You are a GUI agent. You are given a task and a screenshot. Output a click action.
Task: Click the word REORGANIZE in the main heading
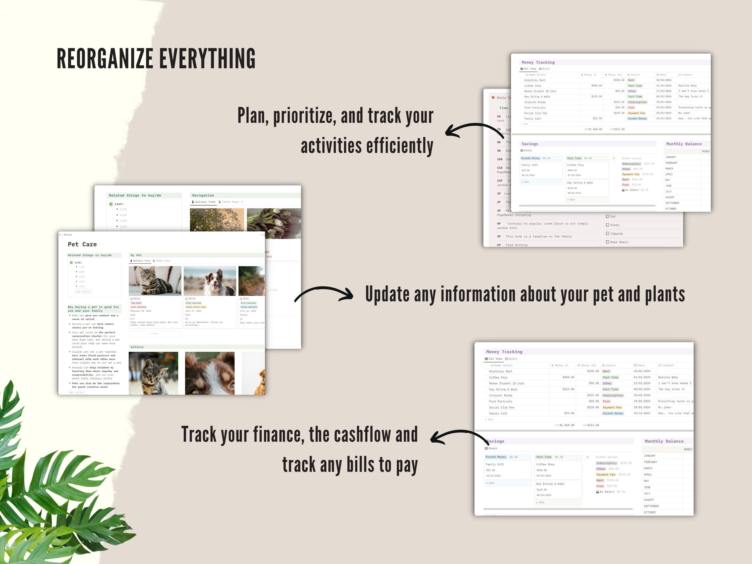105,58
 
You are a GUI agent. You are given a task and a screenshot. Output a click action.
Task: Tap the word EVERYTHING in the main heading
207,58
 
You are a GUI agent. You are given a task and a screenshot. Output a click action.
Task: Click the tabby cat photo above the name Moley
155,281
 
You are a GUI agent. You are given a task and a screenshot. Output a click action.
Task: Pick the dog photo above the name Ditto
209,281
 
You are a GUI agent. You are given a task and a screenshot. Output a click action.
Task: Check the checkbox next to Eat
607,216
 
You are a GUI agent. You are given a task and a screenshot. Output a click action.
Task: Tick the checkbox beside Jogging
607,234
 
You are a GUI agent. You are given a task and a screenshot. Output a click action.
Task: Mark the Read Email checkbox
607,242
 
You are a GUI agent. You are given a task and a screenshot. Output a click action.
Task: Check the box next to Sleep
607,225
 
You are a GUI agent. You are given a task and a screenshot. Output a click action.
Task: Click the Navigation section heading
203,196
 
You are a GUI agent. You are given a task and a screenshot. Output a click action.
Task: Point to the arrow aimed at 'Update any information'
324,294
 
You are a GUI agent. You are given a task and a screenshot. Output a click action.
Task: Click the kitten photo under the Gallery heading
153,373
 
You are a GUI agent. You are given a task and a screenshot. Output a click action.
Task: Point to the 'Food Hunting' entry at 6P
516,245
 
